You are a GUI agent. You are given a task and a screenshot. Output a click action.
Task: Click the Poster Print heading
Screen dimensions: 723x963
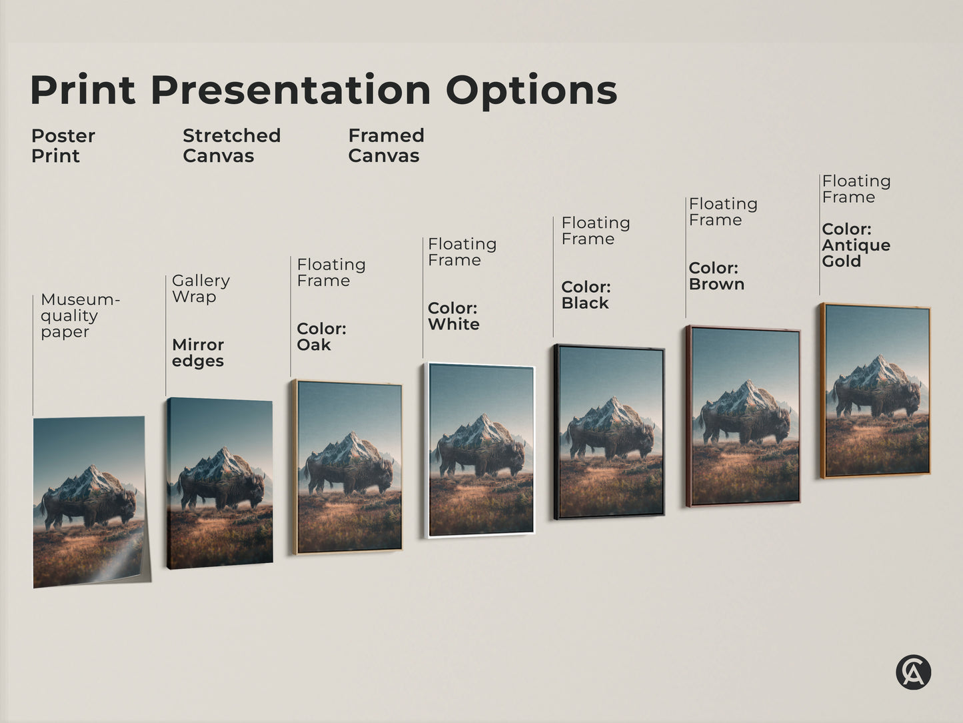click(63, 145)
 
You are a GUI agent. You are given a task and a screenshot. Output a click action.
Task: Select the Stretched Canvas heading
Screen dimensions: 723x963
click(231, 145)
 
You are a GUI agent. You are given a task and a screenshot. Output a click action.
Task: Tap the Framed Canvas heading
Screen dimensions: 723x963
click(386, 145)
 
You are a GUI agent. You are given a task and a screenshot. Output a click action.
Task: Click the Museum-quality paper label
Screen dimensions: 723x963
click(79, 315)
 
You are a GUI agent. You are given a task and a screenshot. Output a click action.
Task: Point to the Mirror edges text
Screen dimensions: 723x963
click(198, 353)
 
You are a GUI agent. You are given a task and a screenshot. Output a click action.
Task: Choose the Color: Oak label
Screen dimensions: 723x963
click(321, 336)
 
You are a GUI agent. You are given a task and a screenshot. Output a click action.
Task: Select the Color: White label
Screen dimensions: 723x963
click(453, 316)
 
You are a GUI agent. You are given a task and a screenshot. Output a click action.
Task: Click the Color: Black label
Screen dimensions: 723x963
click(586, 295)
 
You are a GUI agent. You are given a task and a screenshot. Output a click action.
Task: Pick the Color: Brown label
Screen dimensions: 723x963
click(716, 275)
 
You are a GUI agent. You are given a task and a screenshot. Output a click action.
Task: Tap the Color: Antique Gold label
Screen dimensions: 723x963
click(856, 245)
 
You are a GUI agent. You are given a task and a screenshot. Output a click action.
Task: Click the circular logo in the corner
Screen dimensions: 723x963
click(913, 672)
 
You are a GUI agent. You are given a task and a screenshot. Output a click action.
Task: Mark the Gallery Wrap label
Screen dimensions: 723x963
click(201, 288)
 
